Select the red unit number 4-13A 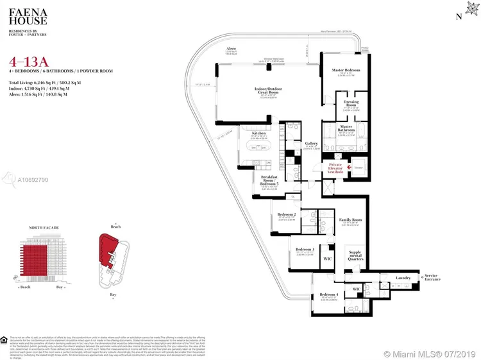point(25,62)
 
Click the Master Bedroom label point(346,70)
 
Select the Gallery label point(312,144)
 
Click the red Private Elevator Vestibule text point(336,169)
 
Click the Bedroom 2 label point(286,214)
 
